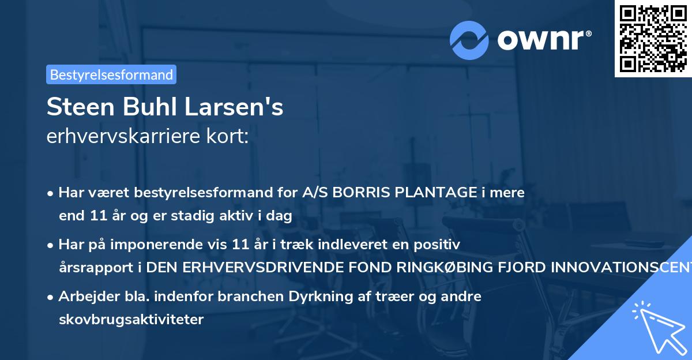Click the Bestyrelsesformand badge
click(x=111, y=74)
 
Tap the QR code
click(x=653, y=38)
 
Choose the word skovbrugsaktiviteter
click(x=131, y=320)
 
